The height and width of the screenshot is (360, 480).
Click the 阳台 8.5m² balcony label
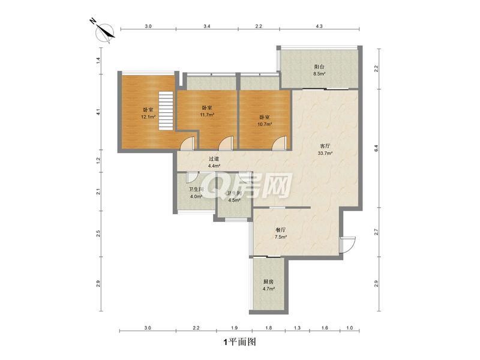pos(319,70)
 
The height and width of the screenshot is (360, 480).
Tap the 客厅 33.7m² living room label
pos(325,149)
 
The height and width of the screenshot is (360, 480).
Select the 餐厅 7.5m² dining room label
pos(281,233)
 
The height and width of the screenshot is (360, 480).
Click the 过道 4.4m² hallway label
pos(214,163)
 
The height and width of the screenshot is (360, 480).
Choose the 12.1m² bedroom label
pos(148,113)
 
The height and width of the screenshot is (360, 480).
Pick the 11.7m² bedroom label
pos(207,112)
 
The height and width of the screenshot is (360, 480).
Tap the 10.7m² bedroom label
pos(265,121)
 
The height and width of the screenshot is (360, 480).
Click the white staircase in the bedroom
pos(166,111)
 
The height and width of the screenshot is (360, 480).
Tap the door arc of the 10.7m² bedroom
pos(279,143)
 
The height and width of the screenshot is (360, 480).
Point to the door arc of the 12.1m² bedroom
pos(187,143)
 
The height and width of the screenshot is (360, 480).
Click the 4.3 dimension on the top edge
pos(319,26)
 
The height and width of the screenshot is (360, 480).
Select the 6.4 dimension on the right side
pos(376,148)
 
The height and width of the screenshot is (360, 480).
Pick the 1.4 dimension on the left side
pos(98,61)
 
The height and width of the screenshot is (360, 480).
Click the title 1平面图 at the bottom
pos(240,342)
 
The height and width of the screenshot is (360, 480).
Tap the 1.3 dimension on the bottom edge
pos(297,328)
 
